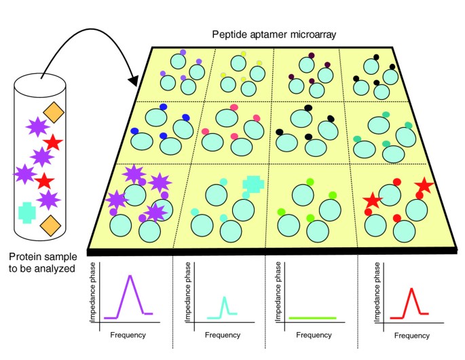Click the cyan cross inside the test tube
click(x=27, y=213)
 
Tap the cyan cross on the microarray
click(x=253, y=183)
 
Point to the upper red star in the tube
click(x=53, y=143)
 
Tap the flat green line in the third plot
click(x=312, y=317)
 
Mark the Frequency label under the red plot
click(x=411, y=336)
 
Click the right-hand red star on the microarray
click(x=424, y=185)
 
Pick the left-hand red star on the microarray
click(x=372, y=200)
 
